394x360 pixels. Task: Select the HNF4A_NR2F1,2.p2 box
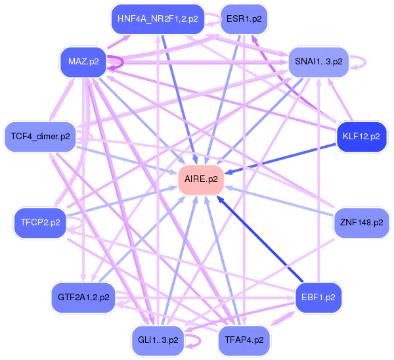point(158,18)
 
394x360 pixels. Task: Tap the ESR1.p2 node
point(244,18)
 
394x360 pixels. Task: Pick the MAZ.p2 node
point(83,62)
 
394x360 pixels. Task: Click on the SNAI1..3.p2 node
point(318,62)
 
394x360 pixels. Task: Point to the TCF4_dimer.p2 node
point(40,137)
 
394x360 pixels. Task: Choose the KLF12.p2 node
point(361,137)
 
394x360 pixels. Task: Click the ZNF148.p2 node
point(361,223)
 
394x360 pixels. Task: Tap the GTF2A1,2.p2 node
point(83,297)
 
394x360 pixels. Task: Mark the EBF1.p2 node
point(318,297)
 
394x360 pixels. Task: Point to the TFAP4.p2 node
point(244,340)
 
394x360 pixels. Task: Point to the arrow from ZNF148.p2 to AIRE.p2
point(282,200)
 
